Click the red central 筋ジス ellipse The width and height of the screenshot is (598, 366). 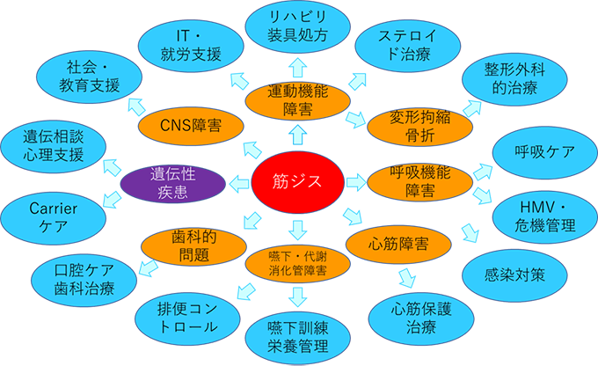tap(296, 183)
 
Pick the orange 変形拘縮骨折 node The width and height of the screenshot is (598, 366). tap(407, 127)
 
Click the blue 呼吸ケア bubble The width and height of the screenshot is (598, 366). tap(544, 151)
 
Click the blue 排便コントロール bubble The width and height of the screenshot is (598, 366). tap(187, 317)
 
